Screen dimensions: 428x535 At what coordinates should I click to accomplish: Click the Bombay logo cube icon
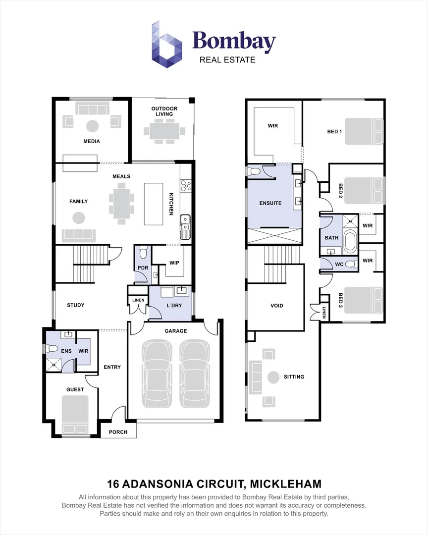point(167,45)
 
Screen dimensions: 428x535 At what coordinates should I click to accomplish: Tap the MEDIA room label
point(92,141)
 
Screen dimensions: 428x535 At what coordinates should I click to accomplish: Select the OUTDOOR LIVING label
point(164,111)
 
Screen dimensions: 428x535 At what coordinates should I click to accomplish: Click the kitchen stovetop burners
point(186,186)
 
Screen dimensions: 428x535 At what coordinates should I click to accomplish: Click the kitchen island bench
point(153,204)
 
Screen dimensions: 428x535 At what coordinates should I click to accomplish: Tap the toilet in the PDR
point(143,253)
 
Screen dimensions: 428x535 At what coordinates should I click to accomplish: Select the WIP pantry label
point(174,263)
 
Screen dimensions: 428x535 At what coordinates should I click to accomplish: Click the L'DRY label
point(174,305)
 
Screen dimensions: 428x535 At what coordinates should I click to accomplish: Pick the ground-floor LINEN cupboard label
point(138,300)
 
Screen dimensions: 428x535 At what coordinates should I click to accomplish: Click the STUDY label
point(75,305)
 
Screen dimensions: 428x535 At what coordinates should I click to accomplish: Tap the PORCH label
point(118,432)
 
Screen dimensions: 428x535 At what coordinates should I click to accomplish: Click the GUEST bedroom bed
point(75,415)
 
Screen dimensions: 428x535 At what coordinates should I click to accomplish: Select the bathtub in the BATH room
point(350,242)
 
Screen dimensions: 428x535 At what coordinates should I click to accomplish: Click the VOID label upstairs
point(277,306)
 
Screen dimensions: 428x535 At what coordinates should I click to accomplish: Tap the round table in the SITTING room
point(273,377)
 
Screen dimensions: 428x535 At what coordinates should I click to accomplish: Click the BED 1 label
point(334,131)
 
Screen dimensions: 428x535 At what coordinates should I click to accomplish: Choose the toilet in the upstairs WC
point(350,264)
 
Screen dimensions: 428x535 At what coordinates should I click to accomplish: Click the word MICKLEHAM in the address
point(286,484)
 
